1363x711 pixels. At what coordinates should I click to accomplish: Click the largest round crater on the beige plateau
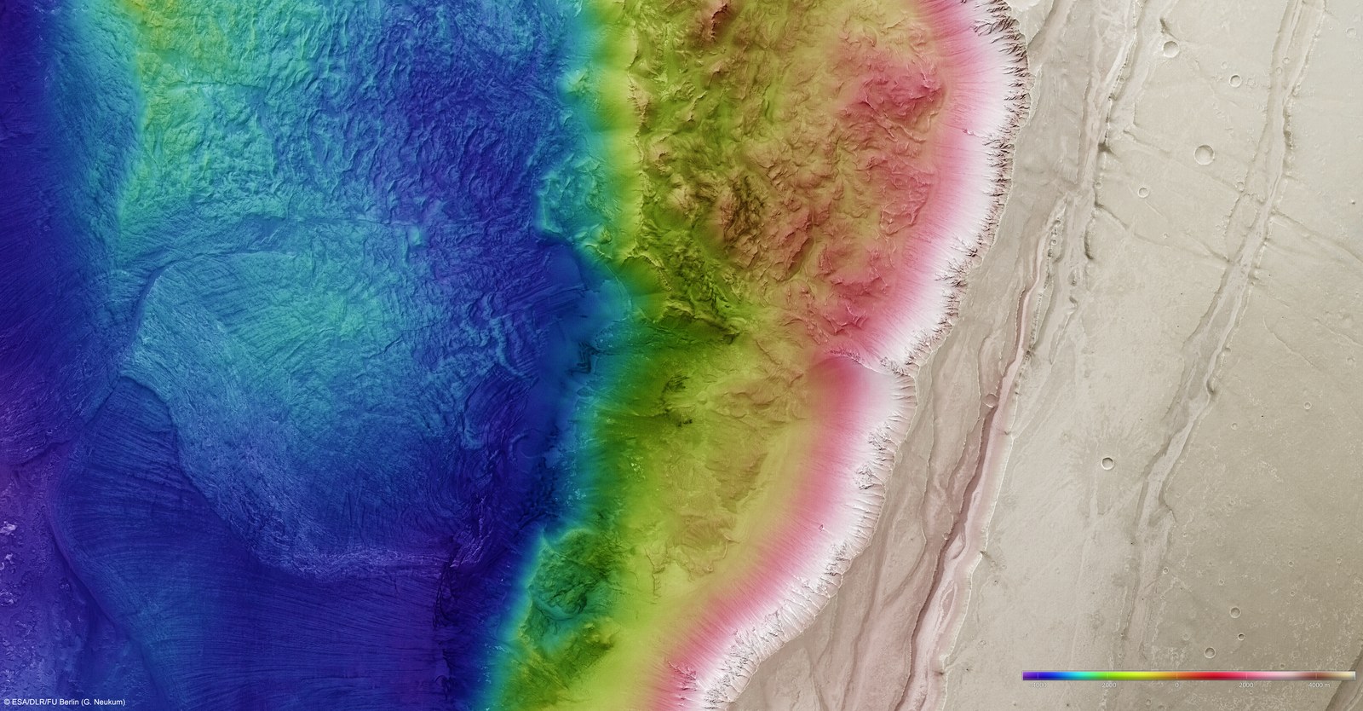(1205, 154)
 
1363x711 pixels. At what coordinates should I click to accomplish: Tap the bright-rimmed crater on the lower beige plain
(1107, 463)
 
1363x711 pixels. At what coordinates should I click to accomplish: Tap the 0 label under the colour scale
(1176, 684)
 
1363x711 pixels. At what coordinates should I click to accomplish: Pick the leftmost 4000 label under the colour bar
(1037, 684)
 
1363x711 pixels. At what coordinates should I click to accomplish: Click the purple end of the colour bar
(1027, 675)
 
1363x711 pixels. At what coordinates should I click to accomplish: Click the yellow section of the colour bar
(1159, 675)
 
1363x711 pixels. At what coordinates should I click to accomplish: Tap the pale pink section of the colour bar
(1278, 675)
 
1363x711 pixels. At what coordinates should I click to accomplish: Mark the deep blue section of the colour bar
(1052, 675)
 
